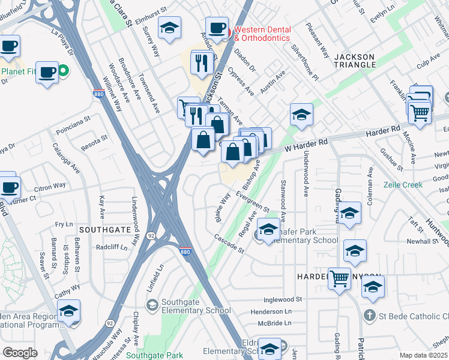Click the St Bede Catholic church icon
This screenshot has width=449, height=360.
point(369,315)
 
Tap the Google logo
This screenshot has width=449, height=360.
point(20,353)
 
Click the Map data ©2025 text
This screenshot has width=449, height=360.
point(423,355)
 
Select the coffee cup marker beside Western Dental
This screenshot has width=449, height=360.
point(217,28)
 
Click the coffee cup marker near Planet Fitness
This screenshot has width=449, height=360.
point(47,72)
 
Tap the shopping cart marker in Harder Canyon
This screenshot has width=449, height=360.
point(339,278)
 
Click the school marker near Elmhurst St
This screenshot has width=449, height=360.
point(170,28)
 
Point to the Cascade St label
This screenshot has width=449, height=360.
point(229,244)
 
